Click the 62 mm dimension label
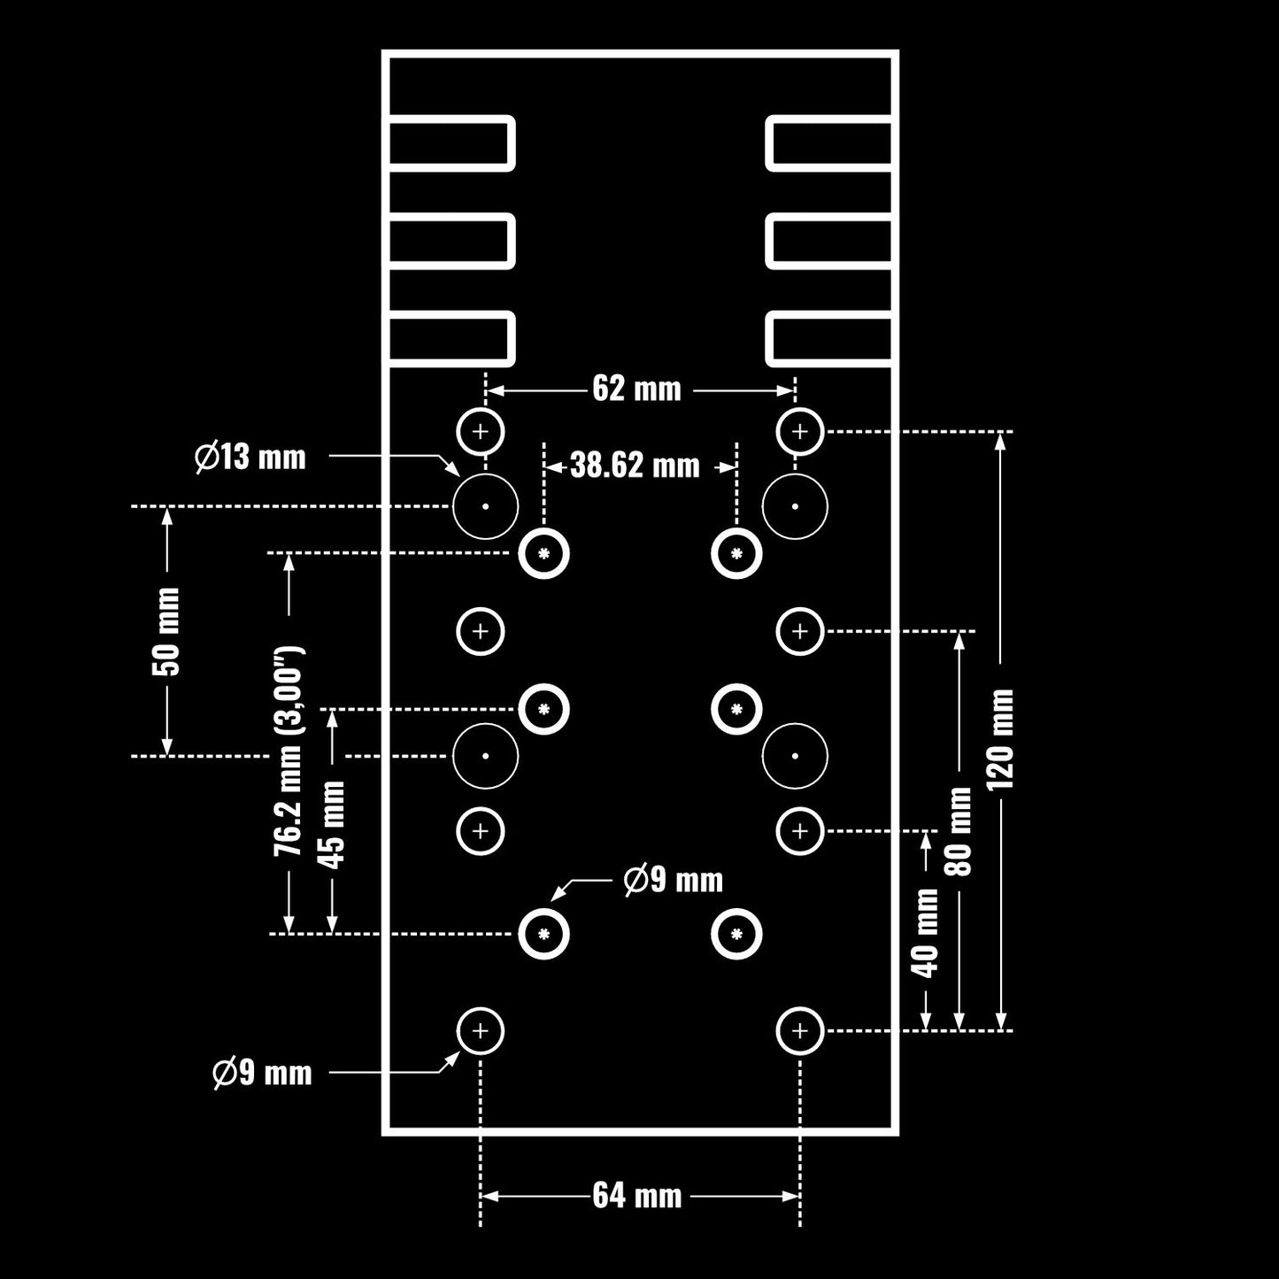[x=636, y=389]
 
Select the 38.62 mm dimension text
[x=635, y=466]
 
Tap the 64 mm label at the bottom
[x=637, y=1196]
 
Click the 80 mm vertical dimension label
[x=959, y=831]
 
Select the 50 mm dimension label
[x=166, y=631]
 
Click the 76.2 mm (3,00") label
[x=288, y=751]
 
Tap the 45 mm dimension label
[x=332, y=825]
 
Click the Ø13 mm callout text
[x=250, y=458]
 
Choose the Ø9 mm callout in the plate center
[x=673, y=880]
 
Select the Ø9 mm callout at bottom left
[x=262, y=1073]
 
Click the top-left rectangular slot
[x=451, y=143]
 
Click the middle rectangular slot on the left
[x=451, y=241]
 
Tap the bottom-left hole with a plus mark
[x=480, y=1030]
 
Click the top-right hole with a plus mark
[x=800, y=432]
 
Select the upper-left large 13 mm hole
[x=485, y=506]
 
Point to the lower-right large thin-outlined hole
[x=795, y=756]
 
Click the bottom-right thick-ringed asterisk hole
[x=736, y=934]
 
